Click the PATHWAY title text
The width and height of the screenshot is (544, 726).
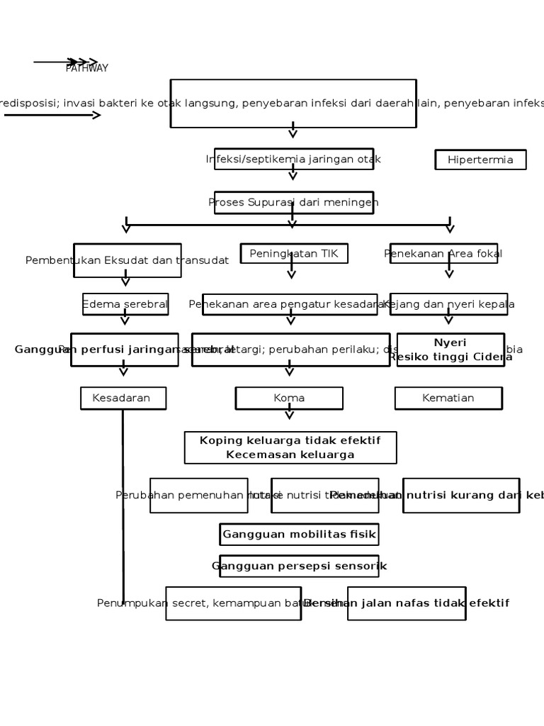(86, 68)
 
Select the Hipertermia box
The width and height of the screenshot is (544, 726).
(480, 160)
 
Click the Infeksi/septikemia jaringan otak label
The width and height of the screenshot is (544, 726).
(293, 159)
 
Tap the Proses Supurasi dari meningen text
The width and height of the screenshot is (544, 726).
(293, 202)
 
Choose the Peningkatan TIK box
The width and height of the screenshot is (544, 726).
(293, 253)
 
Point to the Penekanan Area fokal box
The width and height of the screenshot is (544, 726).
(443, 253)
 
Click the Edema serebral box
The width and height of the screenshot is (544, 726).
(125, 304)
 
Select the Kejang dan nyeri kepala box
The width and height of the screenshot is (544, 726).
(448, 304)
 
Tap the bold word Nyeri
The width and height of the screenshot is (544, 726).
(450, 342)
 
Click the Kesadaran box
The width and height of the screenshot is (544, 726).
(123, 398)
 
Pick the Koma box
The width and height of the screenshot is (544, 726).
(289, 398)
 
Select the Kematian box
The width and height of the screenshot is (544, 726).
(448, 398)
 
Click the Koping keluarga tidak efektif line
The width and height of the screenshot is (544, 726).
(290, 440)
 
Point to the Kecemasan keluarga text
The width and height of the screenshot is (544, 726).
(290, 454)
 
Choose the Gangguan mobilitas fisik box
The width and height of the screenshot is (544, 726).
(299, 534)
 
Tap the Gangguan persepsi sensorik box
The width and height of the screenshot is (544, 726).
(299, 566)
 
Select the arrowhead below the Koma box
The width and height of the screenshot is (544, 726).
(289, 415)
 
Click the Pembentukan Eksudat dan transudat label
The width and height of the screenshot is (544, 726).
(127, 260)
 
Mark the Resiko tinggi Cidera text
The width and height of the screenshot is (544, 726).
(450, 357)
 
